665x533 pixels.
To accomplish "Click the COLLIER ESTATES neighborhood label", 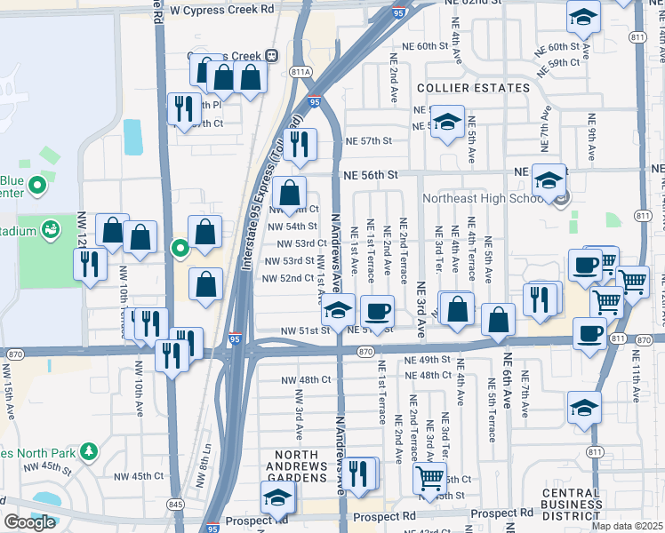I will click(473, 88).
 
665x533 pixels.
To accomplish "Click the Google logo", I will click(29, 522).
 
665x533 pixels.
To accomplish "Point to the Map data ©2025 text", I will click(627, 526).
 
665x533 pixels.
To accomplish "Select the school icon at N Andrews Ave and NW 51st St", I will click(338, 310).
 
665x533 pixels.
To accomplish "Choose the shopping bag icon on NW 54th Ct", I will click(290, 191).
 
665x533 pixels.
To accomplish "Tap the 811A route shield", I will click(300, 73).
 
